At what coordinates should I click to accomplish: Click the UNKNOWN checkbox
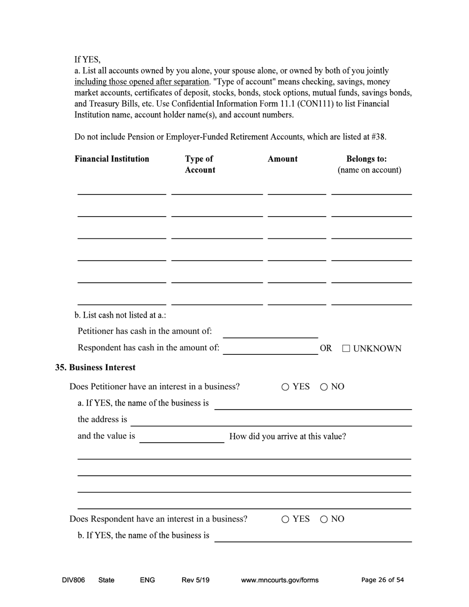coord(346,348)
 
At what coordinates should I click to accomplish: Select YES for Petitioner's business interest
coord(285,387)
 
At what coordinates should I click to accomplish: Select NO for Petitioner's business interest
coord(324,387)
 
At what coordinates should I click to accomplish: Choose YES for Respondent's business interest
coord(285,519)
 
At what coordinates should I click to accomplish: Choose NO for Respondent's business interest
coord(324,519)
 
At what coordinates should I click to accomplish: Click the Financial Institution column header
coord(112,159)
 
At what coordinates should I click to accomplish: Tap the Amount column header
coord(282,159)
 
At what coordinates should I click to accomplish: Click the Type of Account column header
coord(200,164)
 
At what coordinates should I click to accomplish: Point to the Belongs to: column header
coord(366,159)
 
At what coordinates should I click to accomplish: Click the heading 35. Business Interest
coord(95,368)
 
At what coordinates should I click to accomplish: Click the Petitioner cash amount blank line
coord(270,334)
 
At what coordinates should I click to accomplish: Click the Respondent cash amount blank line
coord(270,350)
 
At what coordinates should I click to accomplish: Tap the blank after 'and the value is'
coord(182,438)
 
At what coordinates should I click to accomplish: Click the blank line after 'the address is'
coord(271,421)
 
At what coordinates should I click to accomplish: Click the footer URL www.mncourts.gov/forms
coord(279,580)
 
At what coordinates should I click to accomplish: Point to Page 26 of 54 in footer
coord(383,580)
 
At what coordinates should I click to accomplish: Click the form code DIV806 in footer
coord(74,580)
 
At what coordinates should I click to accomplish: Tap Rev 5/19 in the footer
coord(195,580)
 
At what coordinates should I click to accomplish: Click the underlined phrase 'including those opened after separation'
coord(142,82)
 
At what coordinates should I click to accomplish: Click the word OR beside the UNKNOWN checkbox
coord(326,348)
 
